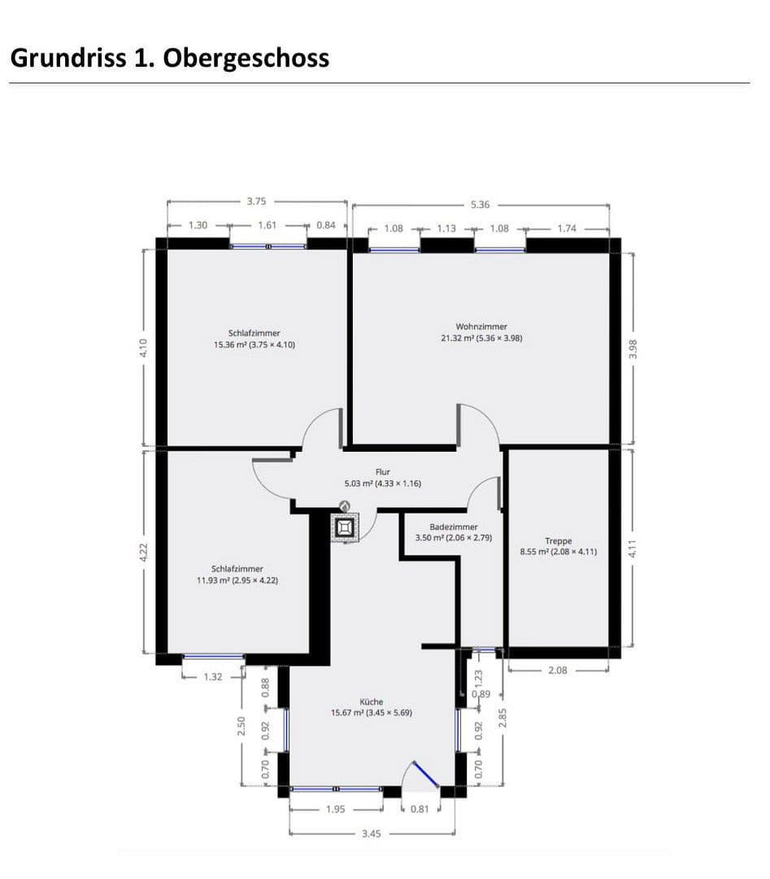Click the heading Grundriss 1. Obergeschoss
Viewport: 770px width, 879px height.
point(169,58)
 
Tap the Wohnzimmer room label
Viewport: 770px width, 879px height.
point(481,326)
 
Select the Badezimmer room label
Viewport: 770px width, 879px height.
point(454,527)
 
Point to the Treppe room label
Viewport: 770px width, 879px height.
point(559,540)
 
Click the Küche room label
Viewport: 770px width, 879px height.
point(372,702)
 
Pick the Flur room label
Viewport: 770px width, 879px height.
point(383,472)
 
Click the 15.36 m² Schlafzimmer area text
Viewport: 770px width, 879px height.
point(254,344)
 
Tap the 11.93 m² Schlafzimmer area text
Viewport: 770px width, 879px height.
point(237,580)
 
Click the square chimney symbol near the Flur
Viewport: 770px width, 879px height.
point(346,528)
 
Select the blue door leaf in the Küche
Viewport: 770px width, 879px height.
point(426,774)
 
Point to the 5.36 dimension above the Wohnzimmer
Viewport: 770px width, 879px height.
point(481,204)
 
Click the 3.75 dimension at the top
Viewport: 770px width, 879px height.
point(256,200)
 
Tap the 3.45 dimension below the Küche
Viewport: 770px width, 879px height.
point(371,833)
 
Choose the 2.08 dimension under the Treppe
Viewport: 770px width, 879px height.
point(558,671)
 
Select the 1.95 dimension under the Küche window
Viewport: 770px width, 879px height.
point(334,809)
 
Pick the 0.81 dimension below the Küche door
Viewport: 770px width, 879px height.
point(420,809)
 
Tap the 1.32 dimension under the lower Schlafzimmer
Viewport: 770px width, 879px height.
point(211,676)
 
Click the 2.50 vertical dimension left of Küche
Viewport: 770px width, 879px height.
point(241,726)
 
